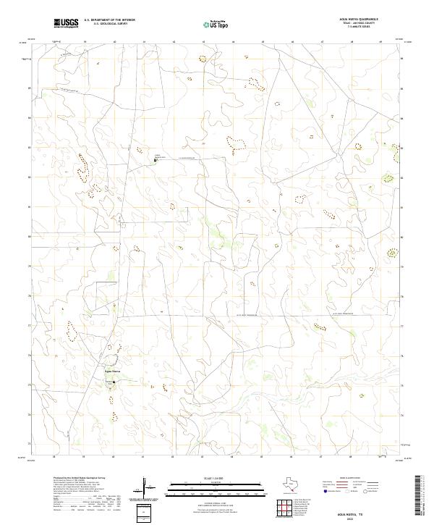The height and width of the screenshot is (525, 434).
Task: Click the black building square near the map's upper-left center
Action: [x=155, y=160]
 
